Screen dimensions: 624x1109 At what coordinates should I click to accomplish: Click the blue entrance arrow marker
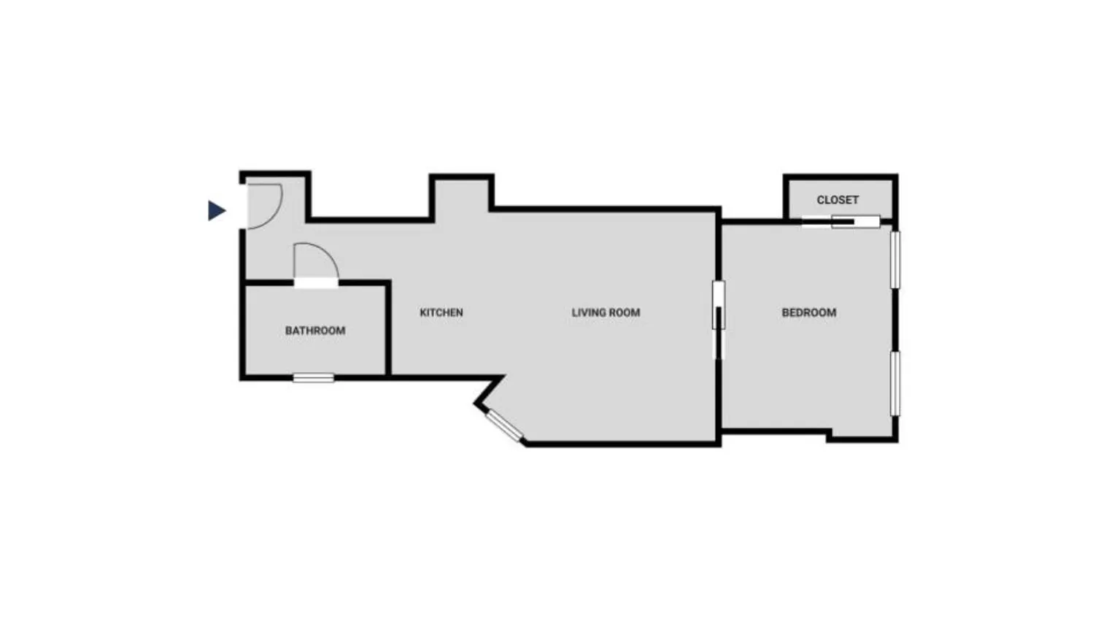tap(216, 210)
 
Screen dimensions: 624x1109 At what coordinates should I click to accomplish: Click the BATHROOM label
tap(315, 331)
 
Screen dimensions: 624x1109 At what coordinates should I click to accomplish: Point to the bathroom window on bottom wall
tap(314, 378)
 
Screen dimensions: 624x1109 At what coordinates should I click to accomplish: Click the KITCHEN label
tap(441, 312)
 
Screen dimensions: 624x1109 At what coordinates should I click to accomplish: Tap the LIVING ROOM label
tap(606, 312)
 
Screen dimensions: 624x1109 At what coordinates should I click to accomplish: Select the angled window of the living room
tap(505, 425)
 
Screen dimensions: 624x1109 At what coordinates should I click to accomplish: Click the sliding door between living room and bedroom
tap(719, 317)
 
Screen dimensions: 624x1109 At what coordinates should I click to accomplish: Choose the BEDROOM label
tap(808, 312)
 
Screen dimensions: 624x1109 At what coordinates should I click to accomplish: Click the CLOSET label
tap(838, 200)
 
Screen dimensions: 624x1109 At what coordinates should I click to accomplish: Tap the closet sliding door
tap(843, 221)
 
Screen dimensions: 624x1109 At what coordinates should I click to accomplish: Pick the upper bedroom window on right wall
tap(895, 259)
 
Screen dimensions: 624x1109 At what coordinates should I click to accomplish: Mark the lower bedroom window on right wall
tap(895, 384)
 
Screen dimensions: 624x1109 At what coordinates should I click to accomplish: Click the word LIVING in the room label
tap(589, 312)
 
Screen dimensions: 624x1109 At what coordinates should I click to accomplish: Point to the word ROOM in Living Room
tap(625, 312)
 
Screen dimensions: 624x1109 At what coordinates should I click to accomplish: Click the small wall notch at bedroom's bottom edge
tap(830, 436)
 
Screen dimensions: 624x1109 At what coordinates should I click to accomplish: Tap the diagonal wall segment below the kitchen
tap(490, 390)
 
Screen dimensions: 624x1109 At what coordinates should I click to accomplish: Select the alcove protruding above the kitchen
tap(461, 196)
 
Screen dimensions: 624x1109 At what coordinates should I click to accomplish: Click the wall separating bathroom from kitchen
tap(388, 328)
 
